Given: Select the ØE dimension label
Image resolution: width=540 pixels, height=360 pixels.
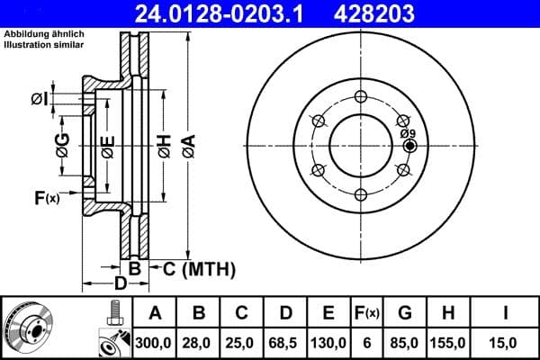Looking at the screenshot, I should click(107, 147).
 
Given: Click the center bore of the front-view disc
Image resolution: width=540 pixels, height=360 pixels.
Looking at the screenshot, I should click(359, 144).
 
